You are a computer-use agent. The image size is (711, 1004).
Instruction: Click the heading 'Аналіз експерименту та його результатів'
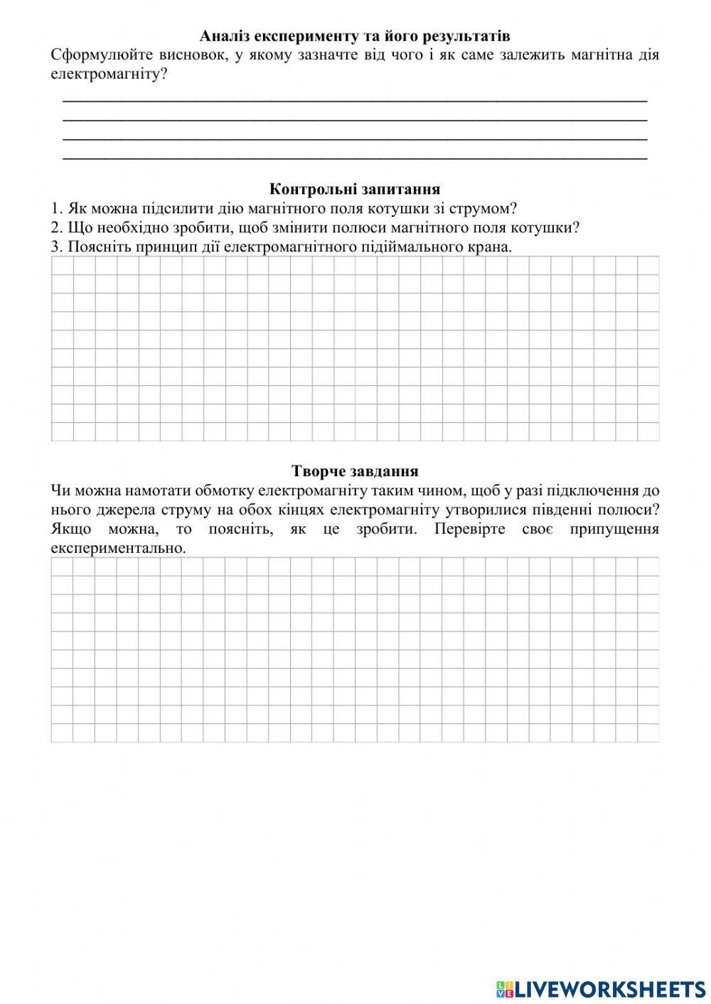(x=355, y=36)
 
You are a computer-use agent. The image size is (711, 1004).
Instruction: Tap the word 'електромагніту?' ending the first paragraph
(x=109, y=73)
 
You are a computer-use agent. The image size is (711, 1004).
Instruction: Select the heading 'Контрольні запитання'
(x=355, y=189)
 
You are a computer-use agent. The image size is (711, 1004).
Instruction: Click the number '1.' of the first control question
(x=58, y=209)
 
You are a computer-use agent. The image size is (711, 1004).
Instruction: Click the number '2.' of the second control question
(x=58, y=228)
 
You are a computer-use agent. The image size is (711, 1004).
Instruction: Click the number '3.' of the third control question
(x=58, y=247)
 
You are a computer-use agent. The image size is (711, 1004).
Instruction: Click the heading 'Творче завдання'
(x=355, y=471)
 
